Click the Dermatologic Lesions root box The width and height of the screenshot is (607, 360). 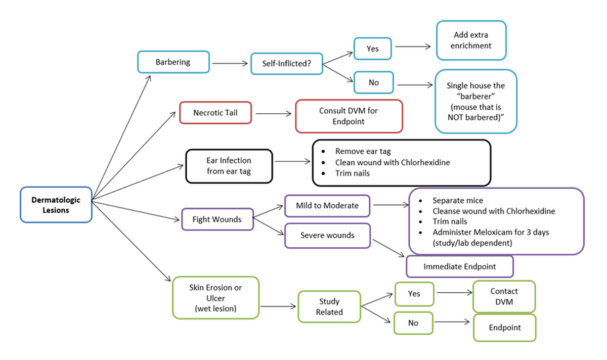(x=56, y=205)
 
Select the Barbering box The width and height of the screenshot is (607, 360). (x=173, y=62)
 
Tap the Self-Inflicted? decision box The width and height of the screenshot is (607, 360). (x=286, y=64)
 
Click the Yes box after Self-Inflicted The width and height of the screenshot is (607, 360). (x=373, y=49)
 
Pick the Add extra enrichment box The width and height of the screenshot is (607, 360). (x=471, y=40)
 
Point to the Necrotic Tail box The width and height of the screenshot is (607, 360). (x=215, y=113)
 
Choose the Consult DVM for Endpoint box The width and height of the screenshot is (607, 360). (x=349, y=116)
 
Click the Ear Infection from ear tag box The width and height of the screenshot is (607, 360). (x=229, y=165)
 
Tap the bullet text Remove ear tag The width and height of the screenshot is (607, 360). (x=363, y=151)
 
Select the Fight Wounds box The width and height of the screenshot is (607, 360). (x=217, y=219)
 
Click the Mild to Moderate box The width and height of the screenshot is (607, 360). (x=328, y=206)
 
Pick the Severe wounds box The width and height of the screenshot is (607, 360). (x=327, y=236)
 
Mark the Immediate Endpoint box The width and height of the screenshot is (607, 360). (x=459, y=266)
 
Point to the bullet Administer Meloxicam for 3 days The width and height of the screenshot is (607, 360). (x=491, y=232)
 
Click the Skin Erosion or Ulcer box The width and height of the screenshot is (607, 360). (x=215, y=297)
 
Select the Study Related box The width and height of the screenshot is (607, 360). (x=329, y=306)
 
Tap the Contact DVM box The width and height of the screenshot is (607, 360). (x=504, y=297)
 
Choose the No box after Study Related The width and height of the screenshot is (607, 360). (x=413, y=323)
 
